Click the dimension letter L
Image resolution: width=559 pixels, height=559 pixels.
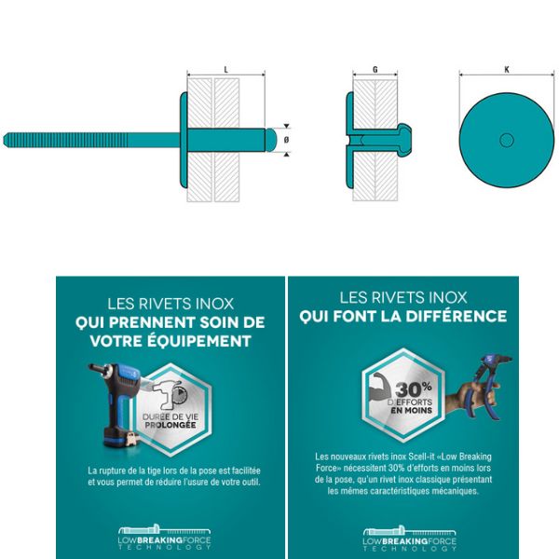point(225,70)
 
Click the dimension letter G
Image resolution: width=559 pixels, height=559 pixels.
point(375,70)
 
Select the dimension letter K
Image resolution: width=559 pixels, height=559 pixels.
point(507,70)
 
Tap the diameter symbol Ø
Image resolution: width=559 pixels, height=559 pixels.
point(286,140)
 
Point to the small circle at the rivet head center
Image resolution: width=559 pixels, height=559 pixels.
point(507,140)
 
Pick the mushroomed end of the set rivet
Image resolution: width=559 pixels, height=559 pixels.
point(405,139)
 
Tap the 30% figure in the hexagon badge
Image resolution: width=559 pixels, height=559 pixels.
point(414,389)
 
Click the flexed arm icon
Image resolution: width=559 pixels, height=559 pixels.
point(381,387)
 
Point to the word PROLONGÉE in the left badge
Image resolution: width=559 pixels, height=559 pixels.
point(170,425)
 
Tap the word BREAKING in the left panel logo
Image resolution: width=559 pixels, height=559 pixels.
point(160,540)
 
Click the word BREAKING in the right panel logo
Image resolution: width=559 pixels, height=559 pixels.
point(405,541)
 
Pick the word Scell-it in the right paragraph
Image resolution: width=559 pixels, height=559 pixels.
point(421,457)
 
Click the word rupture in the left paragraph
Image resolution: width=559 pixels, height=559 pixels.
point(112,470)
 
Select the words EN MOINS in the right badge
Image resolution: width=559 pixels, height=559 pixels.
point(412,410)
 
